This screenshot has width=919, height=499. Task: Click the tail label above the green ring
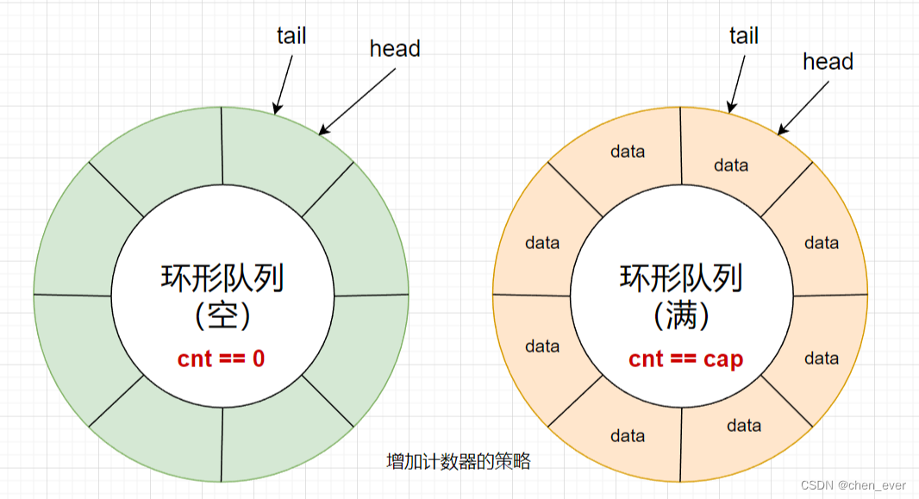point(291,35)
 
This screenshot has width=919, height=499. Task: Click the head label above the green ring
point(395,48)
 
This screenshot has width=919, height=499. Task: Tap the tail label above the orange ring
point(743,35)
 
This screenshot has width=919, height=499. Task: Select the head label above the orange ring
point(828,61)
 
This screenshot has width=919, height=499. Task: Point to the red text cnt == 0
point(222,359)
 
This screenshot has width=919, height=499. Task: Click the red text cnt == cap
point(685,359)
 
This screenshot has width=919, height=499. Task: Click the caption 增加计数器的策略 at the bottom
point(459,462)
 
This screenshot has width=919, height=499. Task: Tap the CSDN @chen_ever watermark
point(857,484)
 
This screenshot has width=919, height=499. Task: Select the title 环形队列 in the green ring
point(222,278)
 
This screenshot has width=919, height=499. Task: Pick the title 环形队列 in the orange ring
point(681,278)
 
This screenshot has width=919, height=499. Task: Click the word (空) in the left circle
point(222,318)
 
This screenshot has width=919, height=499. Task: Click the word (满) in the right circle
point(681,318)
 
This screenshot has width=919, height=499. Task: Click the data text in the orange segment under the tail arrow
point(731,165)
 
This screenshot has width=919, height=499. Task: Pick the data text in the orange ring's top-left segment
point(628,151)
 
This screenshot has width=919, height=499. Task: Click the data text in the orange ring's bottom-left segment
point(628,436)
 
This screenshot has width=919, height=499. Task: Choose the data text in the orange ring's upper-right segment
point(822,242)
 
